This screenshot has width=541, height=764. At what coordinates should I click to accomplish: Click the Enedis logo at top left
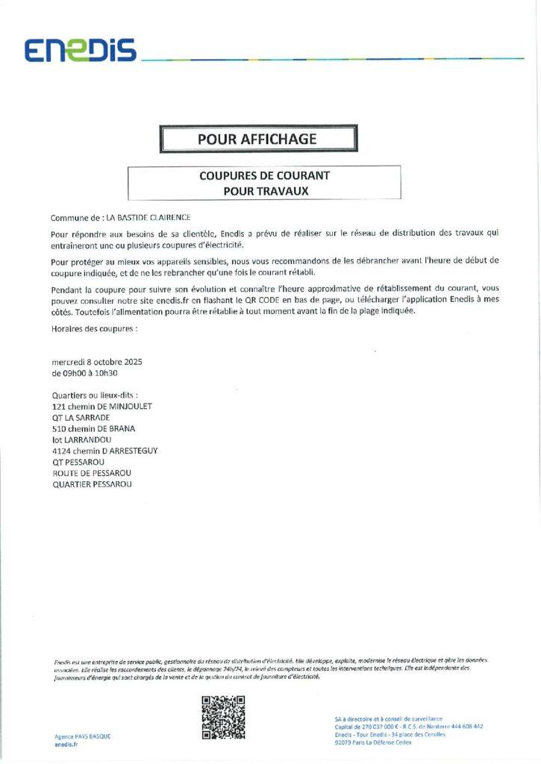pos(80,50)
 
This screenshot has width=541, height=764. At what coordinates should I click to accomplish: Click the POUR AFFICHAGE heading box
pos(257,139)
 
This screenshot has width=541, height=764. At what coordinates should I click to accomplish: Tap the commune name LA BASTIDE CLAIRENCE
pos(148,218)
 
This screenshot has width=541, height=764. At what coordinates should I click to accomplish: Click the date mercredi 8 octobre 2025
pos(97,362)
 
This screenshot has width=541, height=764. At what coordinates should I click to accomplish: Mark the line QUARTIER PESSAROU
pos(92,485)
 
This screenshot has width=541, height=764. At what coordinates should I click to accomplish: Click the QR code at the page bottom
pos(224,717)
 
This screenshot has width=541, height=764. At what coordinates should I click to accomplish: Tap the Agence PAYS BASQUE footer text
pos(82,736)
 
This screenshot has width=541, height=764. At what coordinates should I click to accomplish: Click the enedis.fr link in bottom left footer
pos(66,744)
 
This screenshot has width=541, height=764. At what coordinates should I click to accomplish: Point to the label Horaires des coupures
pos(94,328)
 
